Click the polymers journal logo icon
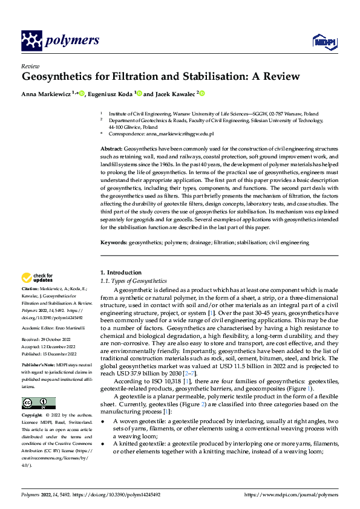point(31,41)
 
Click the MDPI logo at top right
point(322,41)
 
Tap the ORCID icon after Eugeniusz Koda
point(139,94)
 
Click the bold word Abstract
point(111,148)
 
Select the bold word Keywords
point(113,242)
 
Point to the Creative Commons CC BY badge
point(38,403)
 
